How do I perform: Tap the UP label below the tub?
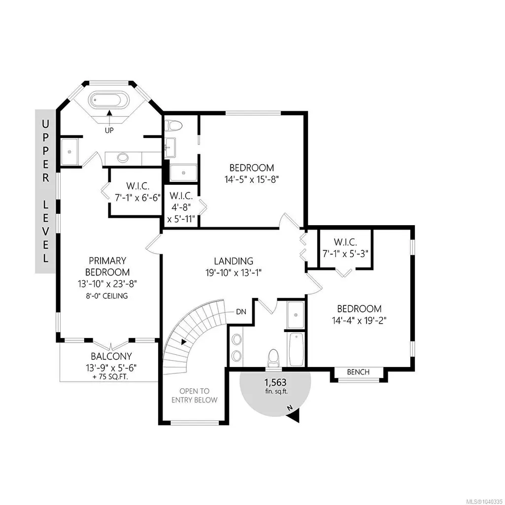[109, 131]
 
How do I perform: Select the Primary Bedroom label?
[107, 267]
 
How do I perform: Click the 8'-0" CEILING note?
[107, 296]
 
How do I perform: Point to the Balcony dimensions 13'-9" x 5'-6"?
[111, 368]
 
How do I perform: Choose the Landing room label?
[234, 261]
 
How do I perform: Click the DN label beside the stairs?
[241, 312]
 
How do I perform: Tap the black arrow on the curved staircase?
[184, 342]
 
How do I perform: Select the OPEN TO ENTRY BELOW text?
[194, 396]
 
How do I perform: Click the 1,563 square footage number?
[275, 383]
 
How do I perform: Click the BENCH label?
[358, 372]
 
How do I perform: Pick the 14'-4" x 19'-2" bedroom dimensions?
[359, 321]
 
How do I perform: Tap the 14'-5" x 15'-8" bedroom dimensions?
[252, 179]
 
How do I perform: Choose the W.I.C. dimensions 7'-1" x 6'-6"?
[138, 198]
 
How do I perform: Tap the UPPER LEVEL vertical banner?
[45, 191]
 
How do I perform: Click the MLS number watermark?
[487, 500]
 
